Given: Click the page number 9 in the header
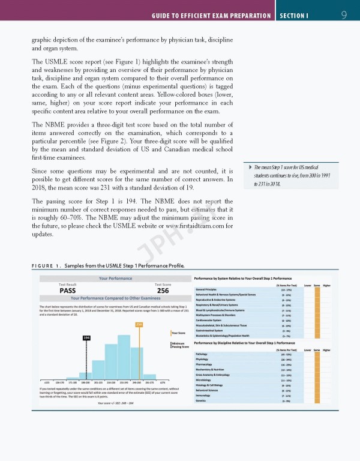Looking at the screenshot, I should click(344, 14).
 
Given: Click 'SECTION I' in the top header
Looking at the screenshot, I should click(293, 14).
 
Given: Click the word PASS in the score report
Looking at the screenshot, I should click(71, 291).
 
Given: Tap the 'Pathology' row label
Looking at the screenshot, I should click(202, 354).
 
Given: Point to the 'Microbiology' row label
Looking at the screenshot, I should click(203, 379).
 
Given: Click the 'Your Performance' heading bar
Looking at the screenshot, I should click(112, 278).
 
